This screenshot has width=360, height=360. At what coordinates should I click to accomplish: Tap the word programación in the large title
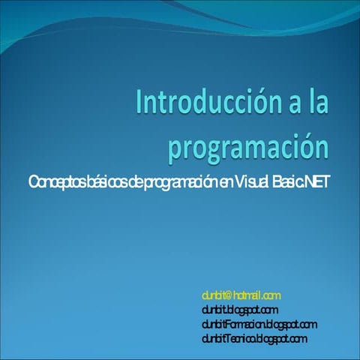pyautogui.click(x=248, y=145)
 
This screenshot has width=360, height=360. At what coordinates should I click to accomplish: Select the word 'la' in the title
pyautogui.click(x=316, y=102)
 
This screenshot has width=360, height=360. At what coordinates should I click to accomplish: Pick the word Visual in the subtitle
pyautogui.click(x=253, y=182)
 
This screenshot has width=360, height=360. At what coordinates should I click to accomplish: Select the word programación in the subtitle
pyautogui.click(x=179, y=183)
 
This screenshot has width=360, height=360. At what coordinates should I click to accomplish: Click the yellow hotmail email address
pyautogui.click(x=241, y=296)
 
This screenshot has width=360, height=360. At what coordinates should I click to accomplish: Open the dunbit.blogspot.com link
pyautogui.click(x=240, y=310)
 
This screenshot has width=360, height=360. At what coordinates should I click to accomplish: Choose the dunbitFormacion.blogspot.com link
pyautogui.click(x=259, y=324)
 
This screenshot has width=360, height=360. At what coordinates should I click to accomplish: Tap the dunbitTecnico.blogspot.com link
pyautogui.click(x=254, y=338)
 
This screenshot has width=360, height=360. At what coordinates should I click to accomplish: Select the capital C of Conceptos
pyautogui.click(x=32, y=182)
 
